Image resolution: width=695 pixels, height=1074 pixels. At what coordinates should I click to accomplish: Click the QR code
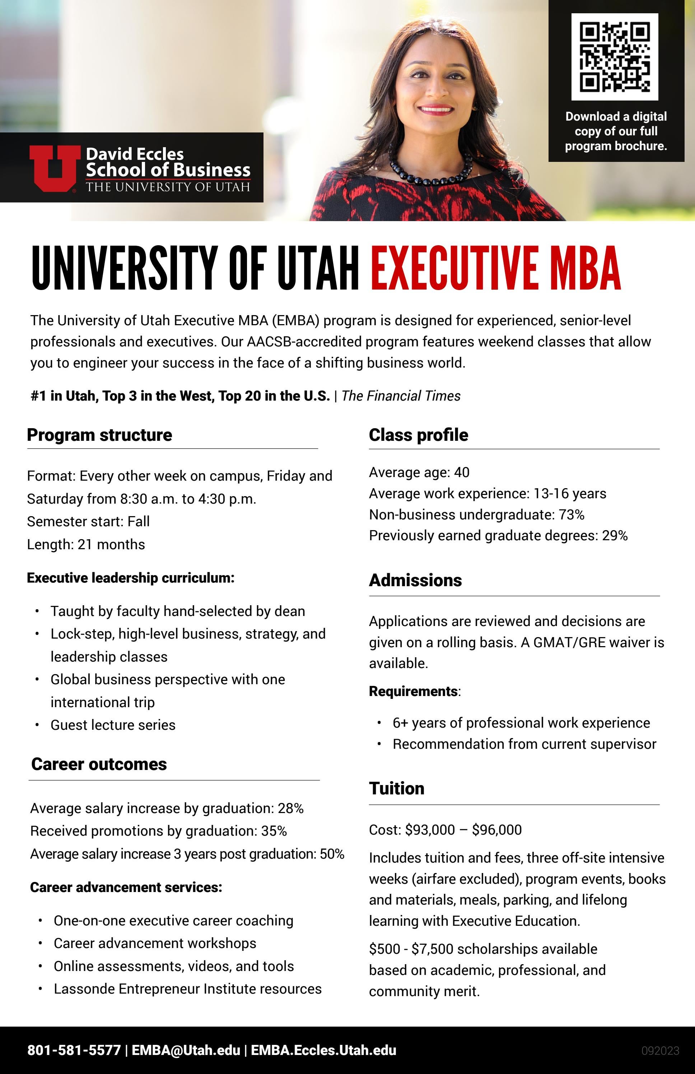pos(614,57)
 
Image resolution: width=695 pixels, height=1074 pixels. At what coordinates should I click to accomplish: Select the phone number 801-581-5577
pos(74,1050)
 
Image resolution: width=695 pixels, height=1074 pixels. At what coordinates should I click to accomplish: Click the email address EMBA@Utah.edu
pos(186,1050)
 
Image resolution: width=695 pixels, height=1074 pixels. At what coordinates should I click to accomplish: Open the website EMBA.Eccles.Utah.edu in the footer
pos(323,1050)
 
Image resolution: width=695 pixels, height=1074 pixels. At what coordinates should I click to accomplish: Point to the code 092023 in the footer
pos(660,1051)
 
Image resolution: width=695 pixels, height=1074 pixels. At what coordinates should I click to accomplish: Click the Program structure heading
pos(99,435)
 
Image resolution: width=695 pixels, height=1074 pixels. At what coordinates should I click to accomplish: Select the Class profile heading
pos(418,435)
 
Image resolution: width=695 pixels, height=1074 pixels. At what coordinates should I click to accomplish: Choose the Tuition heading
pos(396,788)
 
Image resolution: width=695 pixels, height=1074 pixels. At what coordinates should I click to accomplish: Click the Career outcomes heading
pos(99,764)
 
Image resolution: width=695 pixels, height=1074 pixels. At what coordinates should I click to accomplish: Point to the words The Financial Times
pos(401,396)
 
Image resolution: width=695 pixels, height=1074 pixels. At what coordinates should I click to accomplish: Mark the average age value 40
pos(462,472)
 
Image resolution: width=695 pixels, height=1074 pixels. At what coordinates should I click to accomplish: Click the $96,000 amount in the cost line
pos(496,830)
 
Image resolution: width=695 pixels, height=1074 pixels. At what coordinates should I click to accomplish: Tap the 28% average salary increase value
pos(291,808)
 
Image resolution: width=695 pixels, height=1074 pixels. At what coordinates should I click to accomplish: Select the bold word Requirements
pos(413,691)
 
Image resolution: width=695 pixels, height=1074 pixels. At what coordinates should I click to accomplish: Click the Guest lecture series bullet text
pos(113,725)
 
